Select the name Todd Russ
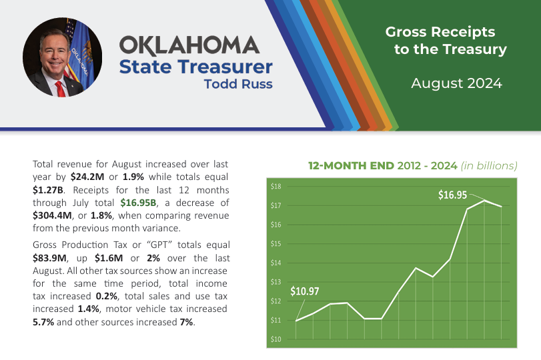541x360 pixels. pos(239,85)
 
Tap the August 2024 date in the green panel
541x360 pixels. pos(456,83)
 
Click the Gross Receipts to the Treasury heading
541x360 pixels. pos(446,41)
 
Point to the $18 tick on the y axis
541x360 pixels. pos(276,186)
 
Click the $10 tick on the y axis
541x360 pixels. pos(276,339)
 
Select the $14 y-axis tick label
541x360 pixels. pos(276,263)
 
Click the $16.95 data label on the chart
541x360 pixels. pos(453,195)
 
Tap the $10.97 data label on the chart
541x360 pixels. pos(306,291)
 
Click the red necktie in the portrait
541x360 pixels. pos(60,88)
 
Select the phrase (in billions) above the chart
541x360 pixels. pos(486,165)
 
